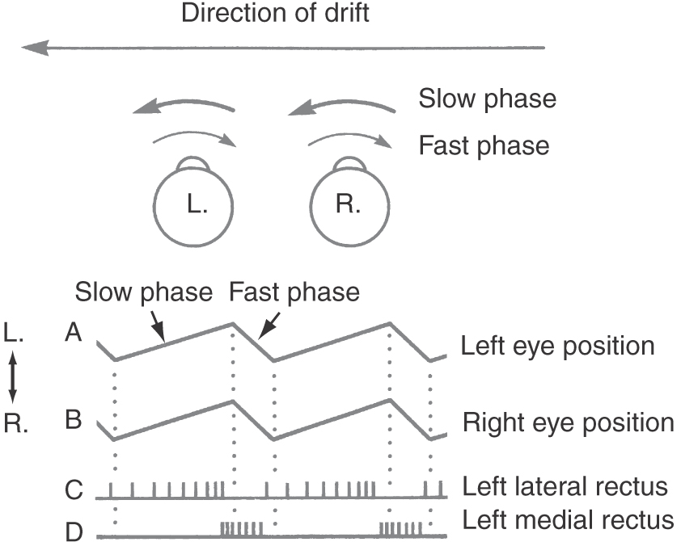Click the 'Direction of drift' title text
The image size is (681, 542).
[276, 14]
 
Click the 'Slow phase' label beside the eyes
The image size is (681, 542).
[487, 99]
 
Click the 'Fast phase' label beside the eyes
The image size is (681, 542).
[484, 145]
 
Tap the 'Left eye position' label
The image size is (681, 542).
[557, 346]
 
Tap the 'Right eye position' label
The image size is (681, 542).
[568, 422]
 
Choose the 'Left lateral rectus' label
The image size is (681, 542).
[565, 486]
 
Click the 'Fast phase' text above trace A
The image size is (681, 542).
[294, 291]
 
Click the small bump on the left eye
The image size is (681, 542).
[194, 165]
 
